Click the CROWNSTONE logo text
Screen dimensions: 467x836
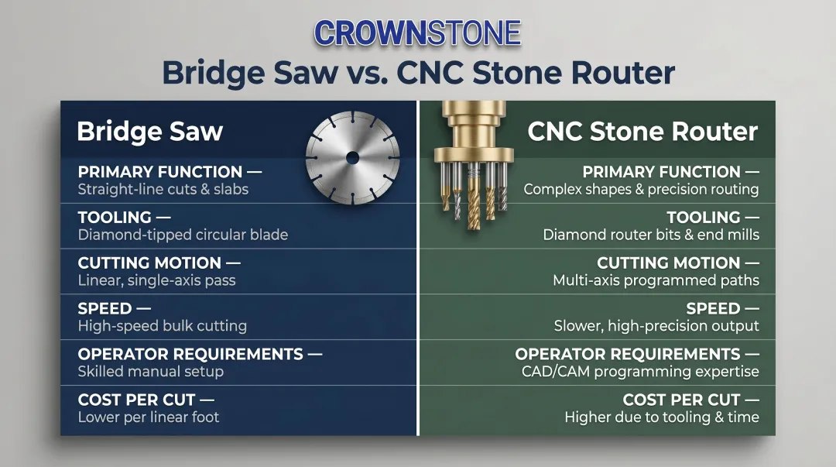tap(418, 33)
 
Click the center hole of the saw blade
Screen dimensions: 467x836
tap(353, 158)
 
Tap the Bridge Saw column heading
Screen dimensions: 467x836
tap(149, 131)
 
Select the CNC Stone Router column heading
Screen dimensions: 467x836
tap(642, 131)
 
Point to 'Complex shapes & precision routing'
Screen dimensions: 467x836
tap(641, 190)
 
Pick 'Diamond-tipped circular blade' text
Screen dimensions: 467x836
tap(183, 235)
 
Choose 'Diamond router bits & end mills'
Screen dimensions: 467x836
tap(651, 235)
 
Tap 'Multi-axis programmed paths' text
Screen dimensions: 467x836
tap(656, 280)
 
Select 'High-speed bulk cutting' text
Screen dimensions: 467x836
tap(163, 326)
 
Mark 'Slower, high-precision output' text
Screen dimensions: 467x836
tap(656, 326)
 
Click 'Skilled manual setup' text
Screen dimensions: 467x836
tap(150, 372)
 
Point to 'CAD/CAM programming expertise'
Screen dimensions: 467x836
tap(640, 372)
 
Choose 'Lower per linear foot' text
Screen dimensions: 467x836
tap(149, 417)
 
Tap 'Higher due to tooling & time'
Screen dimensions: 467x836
tap(662, 417)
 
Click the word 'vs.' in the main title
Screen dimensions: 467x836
tap(367, 73)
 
